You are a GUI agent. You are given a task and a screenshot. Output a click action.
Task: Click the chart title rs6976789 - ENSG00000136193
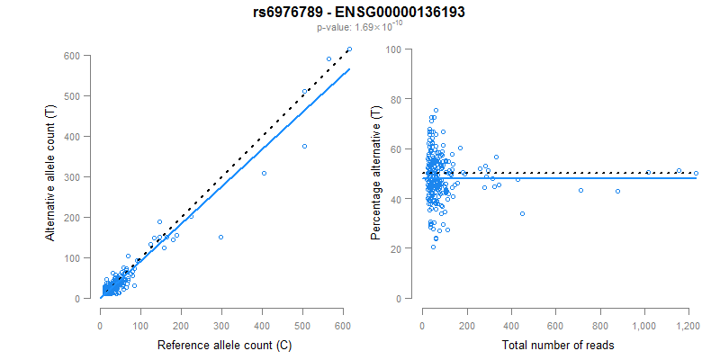click(x=360, y=13)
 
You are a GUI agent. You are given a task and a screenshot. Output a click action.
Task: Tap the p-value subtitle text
click(x=360, y=28)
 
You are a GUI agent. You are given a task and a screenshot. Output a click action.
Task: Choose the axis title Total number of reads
click(x=555, y=345)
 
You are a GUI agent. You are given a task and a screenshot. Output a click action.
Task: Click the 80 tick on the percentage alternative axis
click(x=393, y=99)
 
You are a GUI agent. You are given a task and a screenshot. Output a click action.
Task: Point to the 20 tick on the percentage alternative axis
click(x=393, y=248)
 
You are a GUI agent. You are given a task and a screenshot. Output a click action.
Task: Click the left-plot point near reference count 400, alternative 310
click(x=264, y=173)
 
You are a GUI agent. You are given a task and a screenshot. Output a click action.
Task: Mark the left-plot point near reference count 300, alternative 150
click(x=220, y=238)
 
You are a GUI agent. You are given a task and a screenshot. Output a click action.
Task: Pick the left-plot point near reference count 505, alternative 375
click(x=304, y=147)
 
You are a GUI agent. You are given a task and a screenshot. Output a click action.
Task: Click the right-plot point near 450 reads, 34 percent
click(x=522, y=213)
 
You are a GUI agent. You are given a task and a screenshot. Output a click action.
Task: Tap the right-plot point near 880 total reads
click(x=617, y=191)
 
